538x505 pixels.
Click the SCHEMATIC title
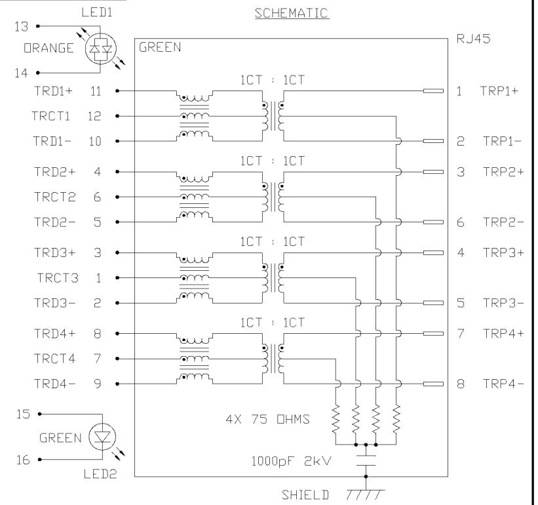tap(292, 13)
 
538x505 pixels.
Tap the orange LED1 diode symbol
tap(100, 49)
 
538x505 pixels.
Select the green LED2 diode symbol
tap(102, 437)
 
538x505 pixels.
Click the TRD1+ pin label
tap(53, 91)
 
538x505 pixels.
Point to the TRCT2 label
tap(54, 197)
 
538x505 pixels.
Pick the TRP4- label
tap(503, 384)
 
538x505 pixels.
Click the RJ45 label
tap(473, 39)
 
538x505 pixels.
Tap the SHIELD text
tap(305, 495)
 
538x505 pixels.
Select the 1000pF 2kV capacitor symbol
tap(366, 460)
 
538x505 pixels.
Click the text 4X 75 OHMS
tap(267, 419)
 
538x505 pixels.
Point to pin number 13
tap(21, 26)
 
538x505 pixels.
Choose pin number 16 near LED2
tap(23, 460)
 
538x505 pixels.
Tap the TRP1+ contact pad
tap(433, 91)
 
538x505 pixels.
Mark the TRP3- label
tap(503, 303)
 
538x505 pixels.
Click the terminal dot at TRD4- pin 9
tap(117, 384)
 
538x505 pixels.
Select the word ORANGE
tap(48, 48)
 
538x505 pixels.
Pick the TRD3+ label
tap(54, 253)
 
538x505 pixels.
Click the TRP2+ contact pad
tap(433, 172)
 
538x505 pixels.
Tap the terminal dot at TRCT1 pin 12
tap(117, 116)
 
